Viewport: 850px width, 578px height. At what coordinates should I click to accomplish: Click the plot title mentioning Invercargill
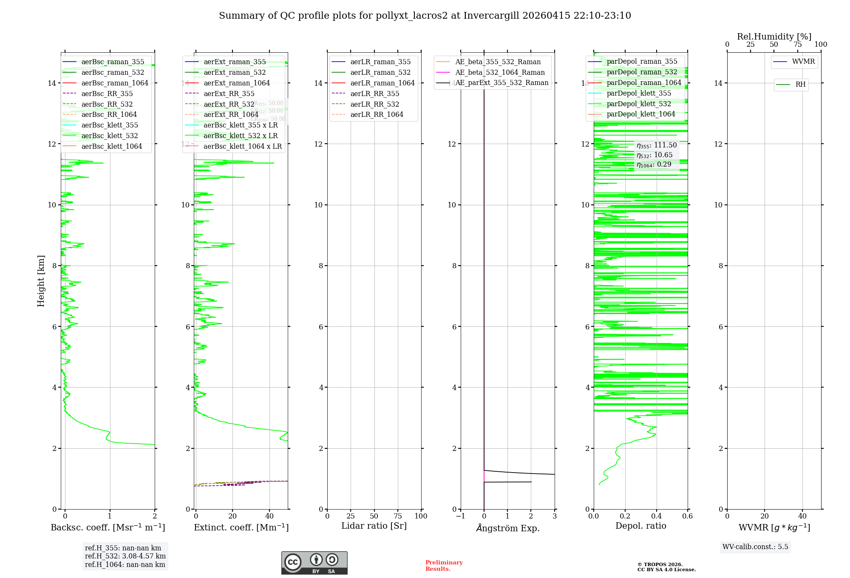(x=425, y=16)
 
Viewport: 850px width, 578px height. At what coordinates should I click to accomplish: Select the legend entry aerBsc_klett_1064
(x=111, y=146)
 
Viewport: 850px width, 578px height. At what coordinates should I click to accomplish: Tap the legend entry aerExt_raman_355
(x=235, y=62)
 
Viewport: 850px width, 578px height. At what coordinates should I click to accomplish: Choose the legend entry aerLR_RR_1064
(x=377, y=114)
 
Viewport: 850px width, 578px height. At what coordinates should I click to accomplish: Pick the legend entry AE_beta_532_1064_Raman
(x=500, y=72)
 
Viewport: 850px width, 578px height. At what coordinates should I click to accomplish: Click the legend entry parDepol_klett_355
(x=639, y=93)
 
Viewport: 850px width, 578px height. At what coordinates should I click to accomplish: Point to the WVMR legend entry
(x=803, y=62)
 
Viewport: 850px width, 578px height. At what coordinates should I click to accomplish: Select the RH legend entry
(x=800, y=85)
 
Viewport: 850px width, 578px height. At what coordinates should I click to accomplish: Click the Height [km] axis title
(x=41, y=280)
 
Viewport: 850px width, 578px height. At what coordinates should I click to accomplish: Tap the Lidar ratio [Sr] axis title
(x=374, y=526)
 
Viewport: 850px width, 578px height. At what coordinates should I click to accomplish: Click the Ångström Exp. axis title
(x=507, y=528)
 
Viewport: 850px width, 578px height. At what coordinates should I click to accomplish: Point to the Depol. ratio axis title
(x=640, y=526)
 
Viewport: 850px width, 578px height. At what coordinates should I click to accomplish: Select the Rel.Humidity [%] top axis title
(x=774, y=37)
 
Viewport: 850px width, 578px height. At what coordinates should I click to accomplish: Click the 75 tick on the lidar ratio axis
(x=397, y=516)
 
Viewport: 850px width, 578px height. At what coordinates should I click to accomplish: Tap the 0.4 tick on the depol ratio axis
(x=656, y=516)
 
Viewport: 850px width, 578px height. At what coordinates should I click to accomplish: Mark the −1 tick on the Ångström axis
(x=460, y=516)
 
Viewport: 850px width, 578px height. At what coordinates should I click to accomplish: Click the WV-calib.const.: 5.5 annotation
(x=755, y=547)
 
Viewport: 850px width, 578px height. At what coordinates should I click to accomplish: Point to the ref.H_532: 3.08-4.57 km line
(x=125, y=556)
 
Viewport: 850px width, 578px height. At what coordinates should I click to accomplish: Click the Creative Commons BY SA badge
(x=314, y=563)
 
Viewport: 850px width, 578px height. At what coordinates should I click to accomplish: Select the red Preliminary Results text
(x=444, y=565)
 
